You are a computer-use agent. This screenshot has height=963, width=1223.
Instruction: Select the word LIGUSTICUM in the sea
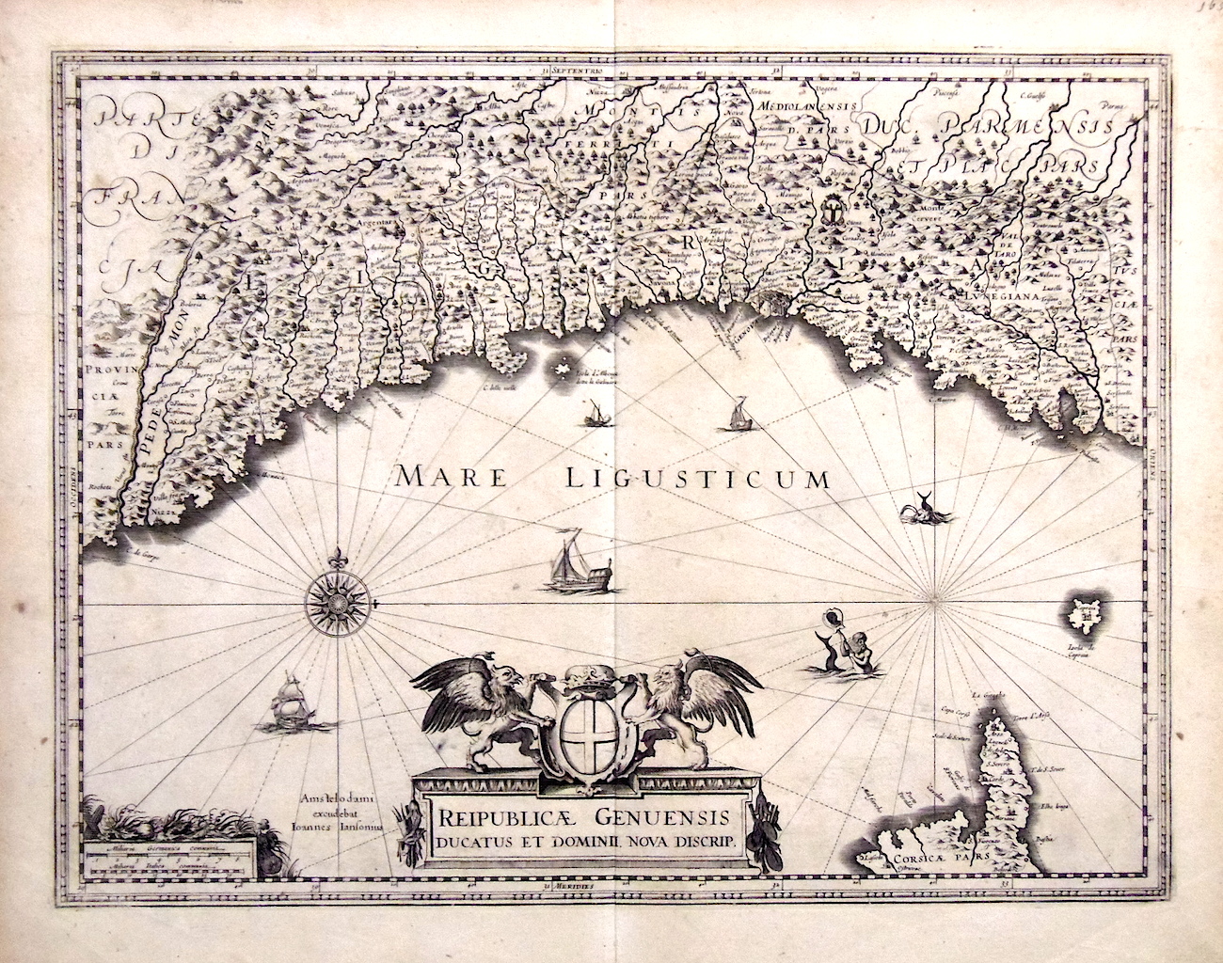pyautogui.click(x=698, y=478)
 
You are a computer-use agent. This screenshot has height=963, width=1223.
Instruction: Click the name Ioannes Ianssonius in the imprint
pyautogui.click(x=338, y=829)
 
